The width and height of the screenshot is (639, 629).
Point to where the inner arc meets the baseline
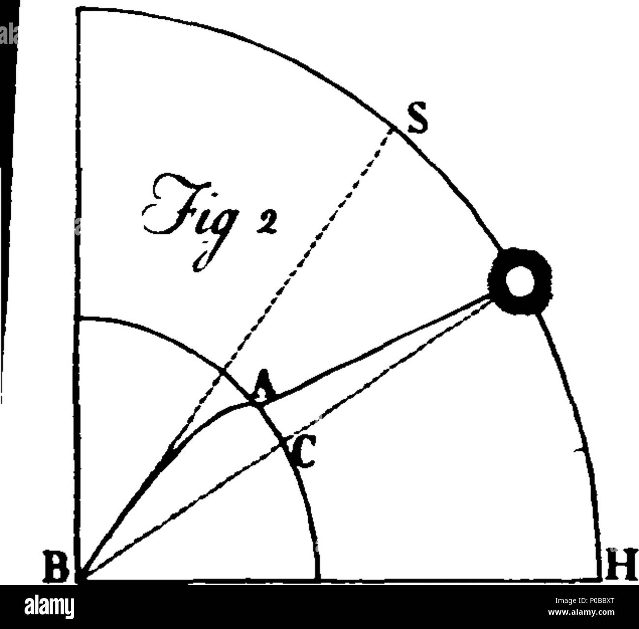tap(319, 580)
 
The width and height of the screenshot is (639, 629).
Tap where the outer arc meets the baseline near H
tap(601, 579)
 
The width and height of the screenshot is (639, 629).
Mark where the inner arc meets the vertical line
tap(78, 319)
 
